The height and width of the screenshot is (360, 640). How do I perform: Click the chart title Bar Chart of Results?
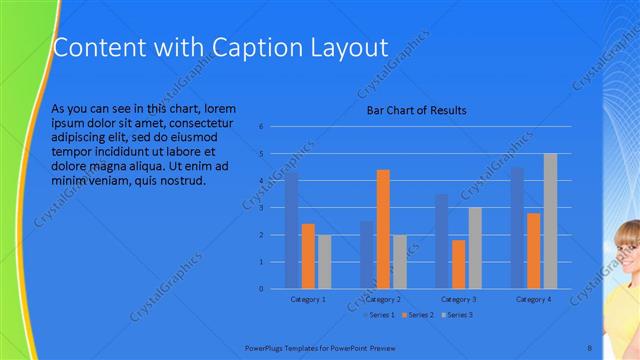(417, 110)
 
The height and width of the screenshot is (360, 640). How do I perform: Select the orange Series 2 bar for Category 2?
(383, 229)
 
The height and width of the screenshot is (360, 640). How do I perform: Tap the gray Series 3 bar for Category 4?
(550, 221)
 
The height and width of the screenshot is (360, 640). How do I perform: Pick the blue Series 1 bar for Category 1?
(292, 230)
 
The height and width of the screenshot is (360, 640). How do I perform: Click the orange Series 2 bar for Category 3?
(459, 264)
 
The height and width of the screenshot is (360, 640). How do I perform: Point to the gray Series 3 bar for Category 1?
(324, 261)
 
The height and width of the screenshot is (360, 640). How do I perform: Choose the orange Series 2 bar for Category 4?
(534, 250)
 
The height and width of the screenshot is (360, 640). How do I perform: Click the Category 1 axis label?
(308, 299)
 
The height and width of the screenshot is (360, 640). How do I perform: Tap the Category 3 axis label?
(459, 299)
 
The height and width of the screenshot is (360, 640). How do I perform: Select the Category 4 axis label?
(534, 299)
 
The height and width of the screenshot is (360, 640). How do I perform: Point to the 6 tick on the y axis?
(260, 127)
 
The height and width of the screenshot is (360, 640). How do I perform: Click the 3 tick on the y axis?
(260, 208)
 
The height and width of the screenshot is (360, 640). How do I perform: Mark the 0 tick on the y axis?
(260, 289)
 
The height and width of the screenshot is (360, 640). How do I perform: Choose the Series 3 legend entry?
(456, 315)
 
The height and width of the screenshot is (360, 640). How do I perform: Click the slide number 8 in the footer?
(590, 346)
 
